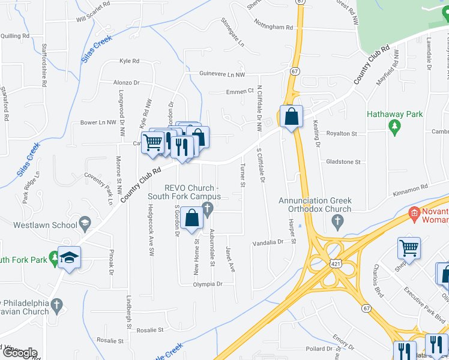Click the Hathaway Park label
(x=395, y=114)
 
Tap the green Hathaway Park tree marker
(x=394, y=126)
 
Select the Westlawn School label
(x=46, y=225)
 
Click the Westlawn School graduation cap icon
(x=85, y=221)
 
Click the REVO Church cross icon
(x=208, y=209)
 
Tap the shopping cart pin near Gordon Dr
(x=154, y=142)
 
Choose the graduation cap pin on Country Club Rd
(x=70, y=258)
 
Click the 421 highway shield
(x=336, y=263)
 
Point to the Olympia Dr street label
(x=207, y=284)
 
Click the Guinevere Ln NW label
(x=223, y=74)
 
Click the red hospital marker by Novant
(x=414, y=213)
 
